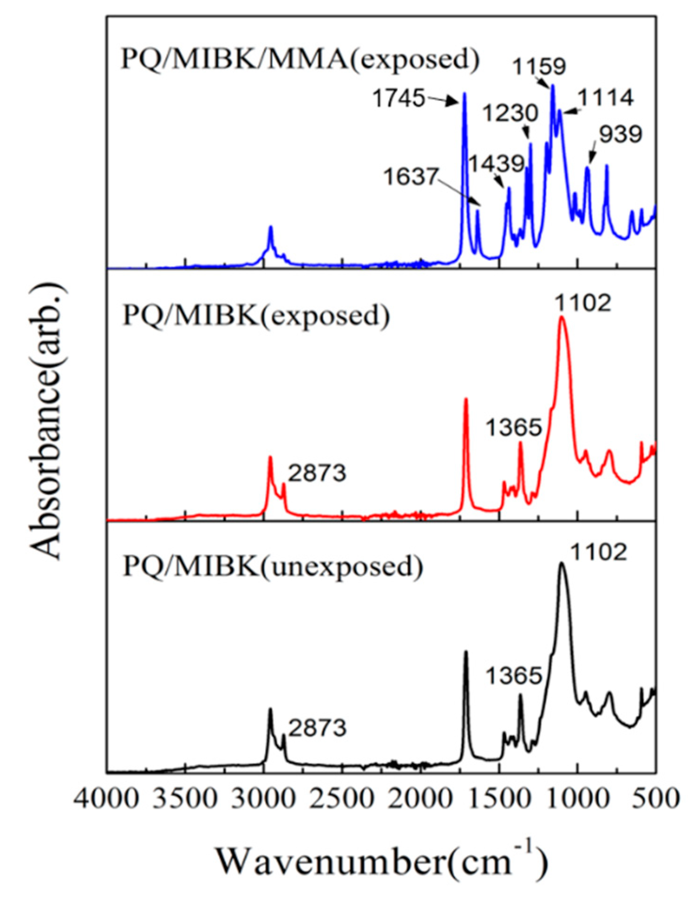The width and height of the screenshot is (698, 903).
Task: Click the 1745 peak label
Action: (398, 99)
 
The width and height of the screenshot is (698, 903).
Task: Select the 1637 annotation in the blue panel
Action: (410, 177)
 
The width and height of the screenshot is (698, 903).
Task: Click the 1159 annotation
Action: (539, 66)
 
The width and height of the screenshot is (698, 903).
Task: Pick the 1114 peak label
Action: (605, 98)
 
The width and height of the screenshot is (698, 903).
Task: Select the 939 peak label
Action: (620, 135)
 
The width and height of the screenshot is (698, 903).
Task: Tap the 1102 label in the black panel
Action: (599, 552)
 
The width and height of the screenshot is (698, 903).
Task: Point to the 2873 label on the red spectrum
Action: (317, 473)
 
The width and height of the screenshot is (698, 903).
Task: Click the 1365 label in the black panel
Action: (514, 676)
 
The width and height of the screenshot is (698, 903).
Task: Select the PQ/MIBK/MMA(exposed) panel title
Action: (300, 60)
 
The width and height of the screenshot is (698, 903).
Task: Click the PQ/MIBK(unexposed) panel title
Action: (272, 566)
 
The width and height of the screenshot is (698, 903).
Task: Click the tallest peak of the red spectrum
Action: (562, 318)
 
